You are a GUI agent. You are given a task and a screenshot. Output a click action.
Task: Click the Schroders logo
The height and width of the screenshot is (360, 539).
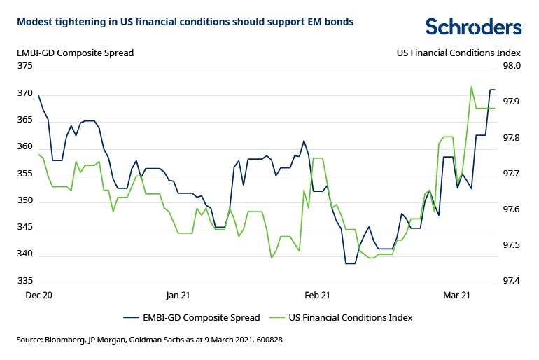[473, 27]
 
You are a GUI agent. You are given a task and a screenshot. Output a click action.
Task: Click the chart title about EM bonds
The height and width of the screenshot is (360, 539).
[185, 22]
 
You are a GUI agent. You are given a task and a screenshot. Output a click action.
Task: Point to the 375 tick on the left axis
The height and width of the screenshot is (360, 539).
[25, 66]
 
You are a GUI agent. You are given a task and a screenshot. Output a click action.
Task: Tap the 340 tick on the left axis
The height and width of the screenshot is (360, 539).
[25, 255]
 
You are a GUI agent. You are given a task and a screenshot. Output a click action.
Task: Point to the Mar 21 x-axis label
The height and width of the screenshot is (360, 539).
[456, 296]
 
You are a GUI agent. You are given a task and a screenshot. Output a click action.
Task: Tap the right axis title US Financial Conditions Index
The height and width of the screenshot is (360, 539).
[458, 53]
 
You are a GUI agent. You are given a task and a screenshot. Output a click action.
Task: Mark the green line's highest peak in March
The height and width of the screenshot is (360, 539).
[471, 87]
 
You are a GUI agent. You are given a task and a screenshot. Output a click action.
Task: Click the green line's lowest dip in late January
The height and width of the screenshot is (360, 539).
[272, 258]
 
